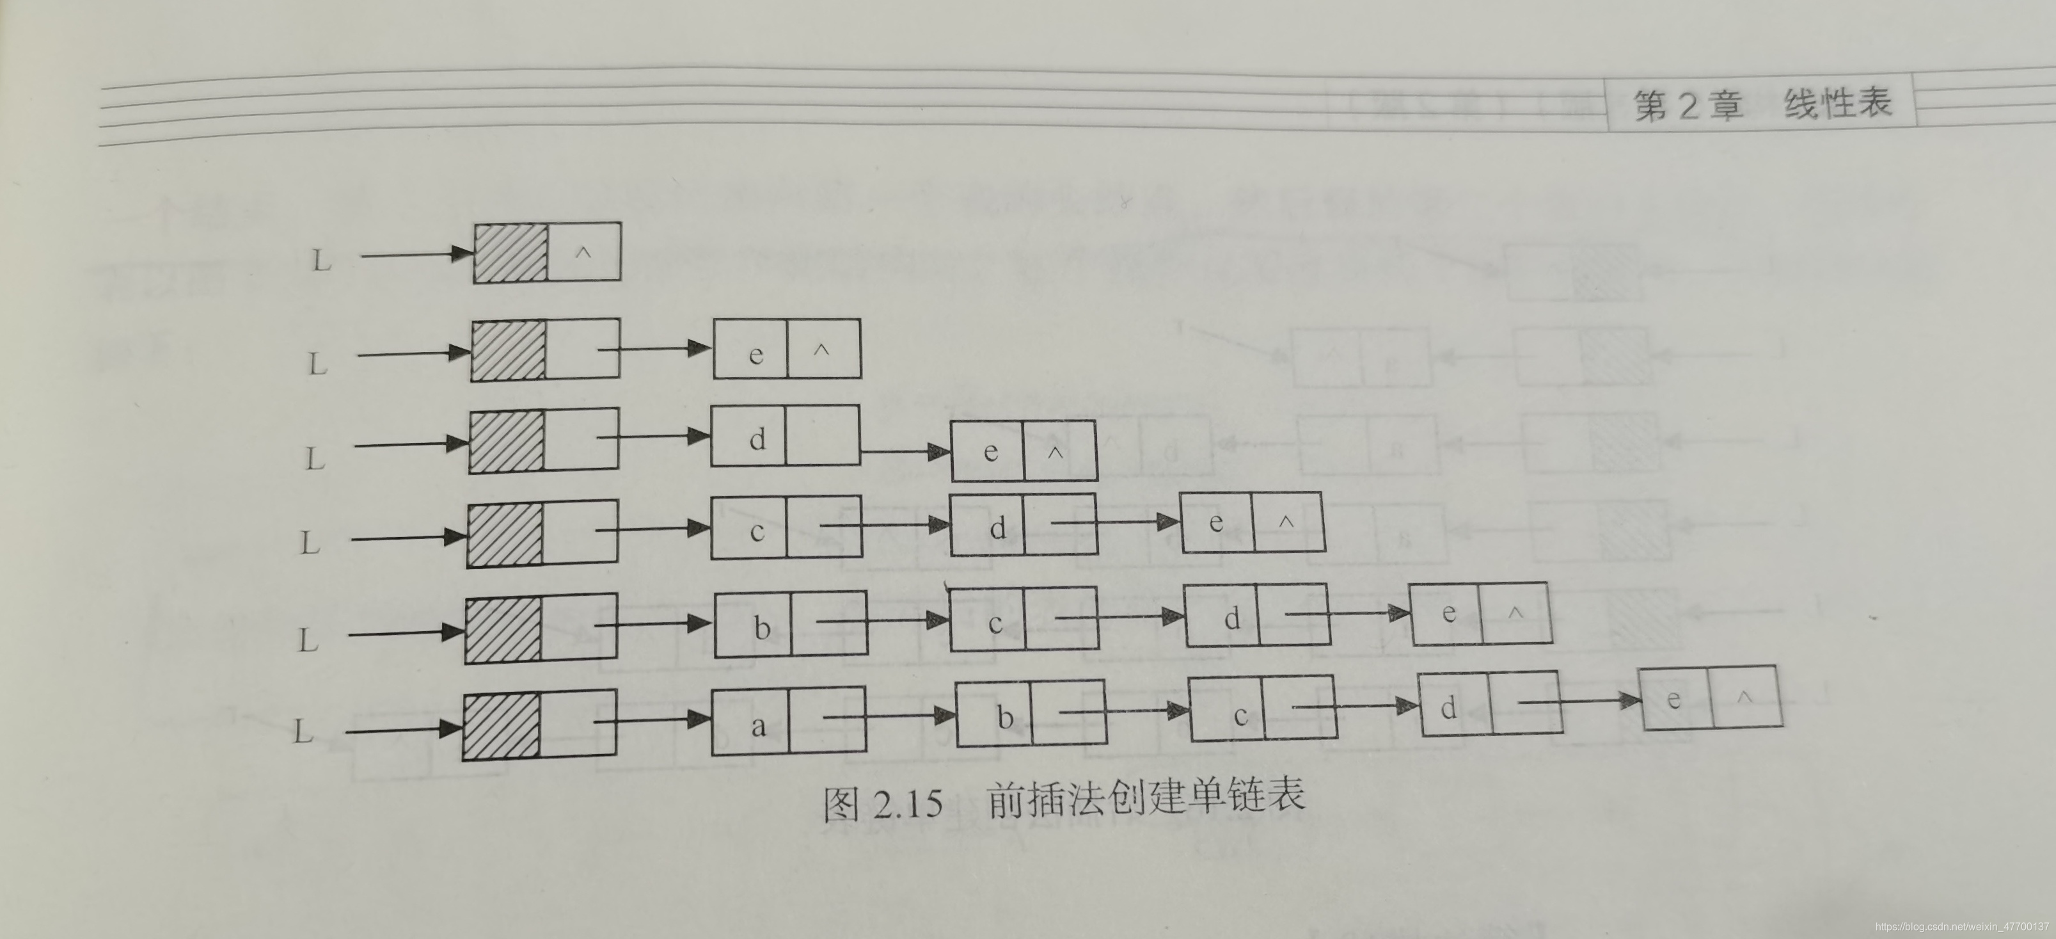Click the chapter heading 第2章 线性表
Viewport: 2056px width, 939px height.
pyautogui.click(x=1762, y=104)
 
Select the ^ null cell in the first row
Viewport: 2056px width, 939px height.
pyautogui.click(x=583, y=252)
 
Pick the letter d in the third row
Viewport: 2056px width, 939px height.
pyautogui.click(x=757, y=438)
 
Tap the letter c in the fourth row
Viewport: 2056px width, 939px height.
pyautogui.click(x=757, y=531)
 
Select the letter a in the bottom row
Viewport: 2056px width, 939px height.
pyautogui.click(x=758, y=726)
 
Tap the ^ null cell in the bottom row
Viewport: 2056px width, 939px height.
pyautogui.click(x=1744, y=696)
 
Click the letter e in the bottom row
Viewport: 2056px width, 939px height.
pyautogui.click(x=1673, y=700)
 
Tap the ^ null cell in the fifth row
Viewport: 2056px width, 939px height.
pyautogui.click(x=1515, y=613)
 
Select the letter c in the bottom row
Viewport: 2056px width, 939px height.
pyautogui.click(x=1240, y=716)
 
